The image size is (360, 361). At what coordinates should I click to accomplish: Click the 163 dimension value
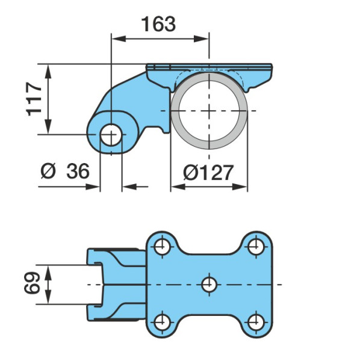click(158, 24)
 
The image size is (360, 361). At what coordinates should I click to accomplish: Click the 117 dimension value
click(34, 99)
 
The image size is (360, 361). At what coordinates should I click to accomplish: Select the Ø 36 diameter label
click(65, 171)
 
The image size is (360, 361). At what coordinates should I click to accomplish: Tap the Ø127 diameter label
click(208, 173)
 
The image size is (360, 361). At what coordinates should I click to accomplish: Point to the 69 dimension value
click(32, 283)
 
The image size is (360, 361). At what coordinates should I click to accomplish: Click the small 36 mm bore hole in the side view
click(111, 135)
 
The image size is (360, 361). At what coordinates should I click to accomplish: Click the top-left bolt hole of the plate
click(162, 247)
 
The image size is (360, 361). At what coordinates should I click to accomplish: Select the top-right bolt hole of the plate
click(256, 247)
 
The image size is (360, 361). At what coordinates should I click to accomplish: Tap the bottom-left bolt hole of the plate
click(162, 322)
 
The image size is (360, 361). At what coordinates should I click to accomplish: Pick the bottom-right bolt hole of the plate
click(256, 322)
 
